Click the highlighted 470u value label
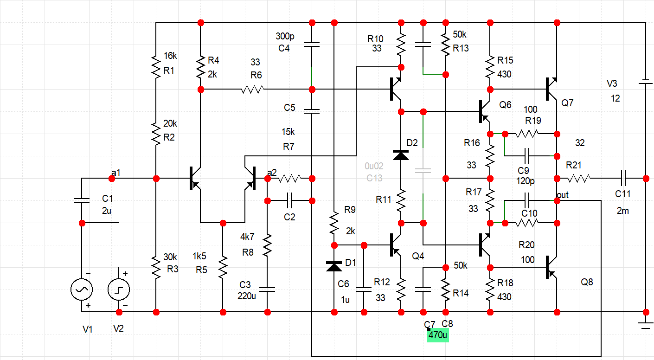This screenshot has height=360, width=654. coord(438,335)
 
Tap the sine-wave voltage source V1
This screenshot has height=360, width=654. coord(82,290)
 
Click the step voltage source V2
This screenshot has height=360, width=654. coord(119,290)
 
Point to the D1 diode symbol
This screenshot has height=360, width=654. coord(334,266)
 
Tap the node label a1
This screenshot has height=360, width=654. coord(115,173)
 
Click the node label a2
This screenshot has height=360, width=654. coord(272,173)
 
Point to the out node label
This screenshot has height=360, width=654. coord(562,195)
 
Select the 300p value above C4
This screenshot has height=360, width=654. coord(284,36)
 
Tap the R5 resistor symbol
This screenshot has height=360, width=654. coord(223,267)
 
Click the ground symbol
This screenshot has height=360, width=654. coord(645,325)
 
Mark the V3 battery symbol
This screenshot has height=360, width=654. coord(645,83)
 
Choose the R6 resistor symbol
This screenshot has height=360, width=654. coord(252,89)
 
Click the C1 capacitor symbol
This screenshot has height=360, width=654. coord(82,200)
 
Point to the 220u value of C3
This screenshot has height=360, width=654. coord(248,296)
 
